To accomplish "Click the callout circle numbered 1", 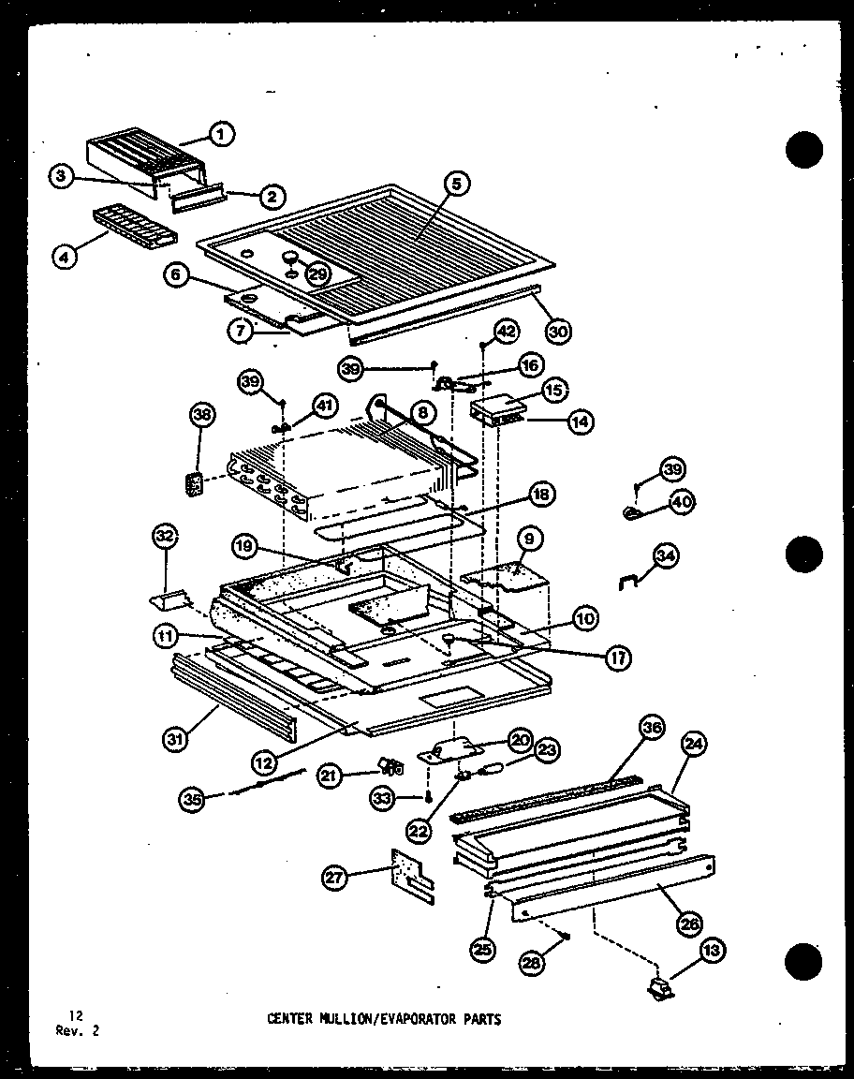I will click(221, 135).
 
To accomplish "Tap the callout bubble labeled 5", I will click(456, 185).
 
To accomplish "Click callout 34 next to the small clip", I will click(667, 556).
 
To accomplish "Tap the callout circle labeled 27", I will click(334, 878).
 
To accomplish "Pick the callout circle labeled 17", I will click(617, 658).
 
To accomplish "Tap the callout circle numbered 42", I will click(506, 332).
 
